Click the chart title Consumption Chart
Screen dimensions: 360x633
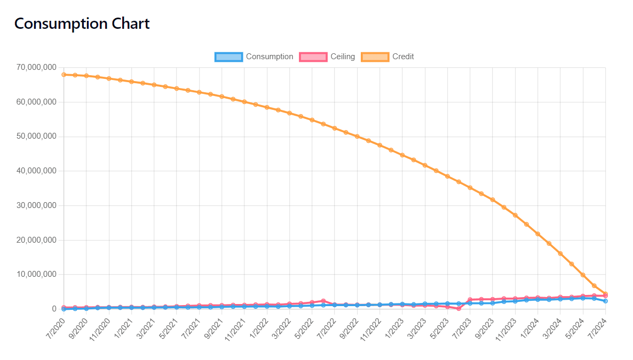pos(82,23)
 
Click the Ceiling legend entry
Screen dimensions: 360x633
pos(327,57)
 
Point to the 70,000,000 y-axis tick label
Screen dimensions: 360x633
pos(36,67)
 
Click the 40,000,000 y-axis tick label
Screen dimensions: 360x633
pos(36,171)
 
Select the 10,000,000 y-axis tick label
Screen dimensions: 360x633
pos(36,274)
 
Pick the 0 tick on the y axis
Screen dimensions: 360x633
pos(53,309)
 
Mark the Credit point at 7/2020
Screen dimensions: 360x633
pos(64,75)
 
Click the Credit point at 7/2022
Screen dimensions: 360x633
pos(335,128)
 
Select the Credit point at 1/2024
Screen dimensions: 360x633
pos(537,234)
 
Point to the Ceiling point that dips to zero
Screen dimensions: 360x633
pos(458,308)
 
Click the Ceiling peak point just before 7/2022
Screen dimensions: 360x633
pos(323,301)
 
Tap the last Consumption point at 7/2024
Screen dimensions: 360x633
pos(605,301)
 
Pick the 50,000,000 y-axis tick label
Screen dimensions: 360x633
pos(36,137)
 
